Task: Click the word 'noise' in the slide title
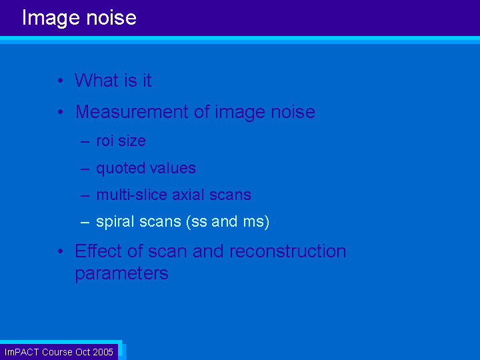[x=111, y=18]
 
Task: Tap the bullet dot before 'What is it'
[x=60, y=81]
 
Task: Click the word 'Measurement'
[x=131, y=112]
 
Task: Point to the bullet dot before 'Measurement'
[x=60, y=112]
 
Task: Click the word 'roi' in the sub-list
[x=105, y=141]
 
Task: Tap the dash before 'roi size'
[x=85, y=142]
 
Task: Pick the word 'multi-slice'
[x=131, y=195]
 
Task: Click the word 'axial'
[x=188, y=195]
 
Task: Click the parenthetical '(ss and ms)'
[x=228, y=222]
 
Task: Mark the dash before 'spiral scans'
[x=85, y=223]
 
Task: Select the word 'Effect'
[x=99, y=251]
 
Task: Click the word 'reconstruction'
[x=288, y=251]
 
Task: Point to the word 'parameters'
[x=121, y=274]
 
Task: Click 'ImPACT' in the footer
[x=22, y=352]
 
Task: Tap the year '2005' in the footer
[x=103, y=352]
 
